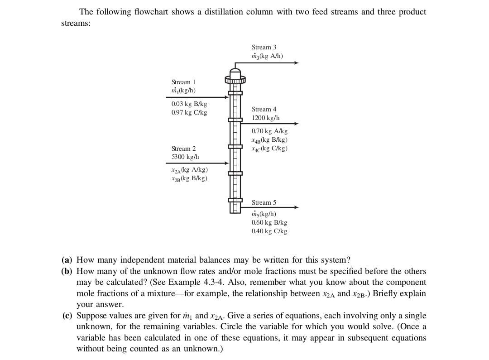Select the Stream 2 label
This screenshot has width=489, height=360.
pos(184,149)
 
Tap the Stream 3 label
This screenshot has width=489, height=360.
pos(264,47)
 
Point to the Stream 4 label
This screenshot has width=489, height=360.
pos(264,109)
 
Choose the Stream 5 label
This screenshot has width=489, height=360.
pos(264,202)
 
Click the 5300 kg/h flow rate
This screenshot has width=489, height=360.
pos(185,157)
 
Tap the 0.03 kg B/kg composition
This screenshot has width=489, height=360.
pos(189,104)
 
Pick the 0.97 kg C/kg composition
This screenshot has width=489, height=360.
pos(189,112)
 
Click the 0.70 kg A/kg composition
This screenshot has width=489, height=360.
pos(269,131)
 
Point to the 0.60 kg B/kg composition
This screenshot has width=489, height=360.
pos(269,223)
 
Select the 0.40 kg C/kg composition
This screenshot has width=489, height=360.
pos(269,231)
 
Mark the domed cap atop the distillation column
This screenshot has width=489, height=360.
pos(235,72)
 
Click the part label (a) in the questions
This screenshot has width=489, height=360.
pos(67,260)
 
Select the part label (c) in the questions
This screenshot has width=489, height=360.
pos(67,316)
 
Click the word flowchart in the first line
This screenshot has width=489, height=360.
pos(155,12)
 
